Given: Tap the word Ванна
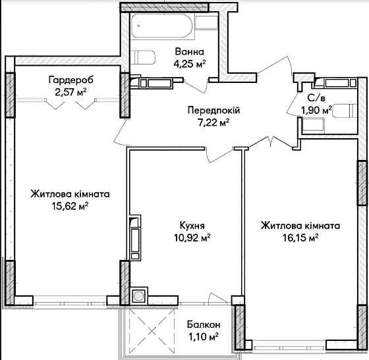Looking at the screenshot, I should tap(189, 51).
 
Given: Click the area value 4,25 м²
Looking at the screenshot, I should tap(189, 64).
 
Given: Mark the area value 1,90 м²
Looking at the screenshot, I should tap(315, 110).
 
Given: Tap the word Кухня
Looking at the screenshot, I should tap(191, 224).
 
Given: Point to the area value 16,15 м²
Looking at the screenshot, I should tap(299, 237).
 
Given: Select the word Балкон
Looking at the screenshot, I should tap(203, 325).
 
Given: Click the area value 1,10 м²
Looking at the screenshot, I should tap(203, 337).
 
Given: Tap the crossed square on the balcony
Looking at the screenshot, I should tap(154, 332).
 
